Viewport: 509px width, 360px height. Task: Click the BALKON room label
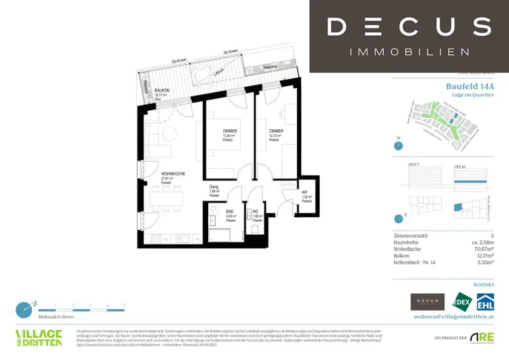(162, 90)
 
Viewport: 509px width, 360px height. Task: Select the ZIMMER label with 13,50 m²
(229, 131)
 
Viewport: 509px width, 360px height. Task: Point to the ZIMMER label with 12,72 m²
(276, 131)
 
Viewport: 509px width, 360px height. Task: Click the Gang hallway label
(214, 187)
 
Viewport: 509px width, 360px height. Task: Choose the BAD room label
(229, 211)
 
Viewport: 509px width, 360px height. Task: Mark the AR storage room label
(305, 192)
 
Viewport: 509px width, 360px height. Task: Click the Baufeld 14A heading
(470, 86)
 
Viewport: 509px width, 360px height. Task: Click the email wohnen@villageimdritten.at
(454, 316)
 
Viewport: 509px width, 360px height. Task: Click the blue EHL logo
(485, 302)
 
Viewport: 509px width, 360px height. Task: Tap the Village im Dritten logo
(39, 337)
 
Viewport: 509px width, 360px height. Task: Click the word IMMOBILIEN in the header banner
(409, 52)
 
